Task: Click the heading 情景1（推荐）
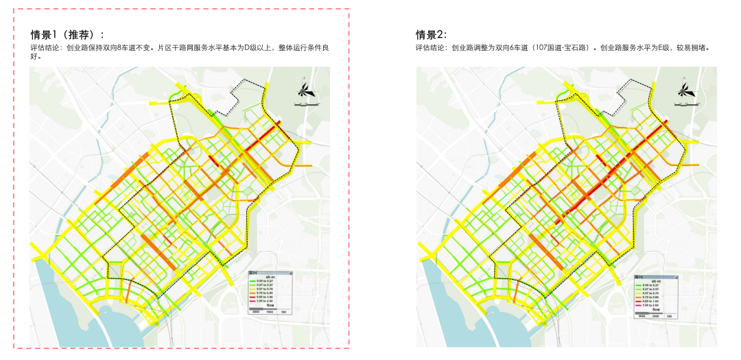point(67,35)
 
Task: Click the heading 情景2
point(431,35)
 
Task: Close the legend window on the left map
point(290,273)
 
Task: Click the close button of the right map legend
point(676,276)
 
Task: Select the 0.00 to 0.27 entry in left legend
point(265,281)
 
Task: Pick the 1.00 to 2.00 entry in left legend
point(265,302)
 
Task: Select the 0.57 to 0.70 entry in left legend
point(265,289)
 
